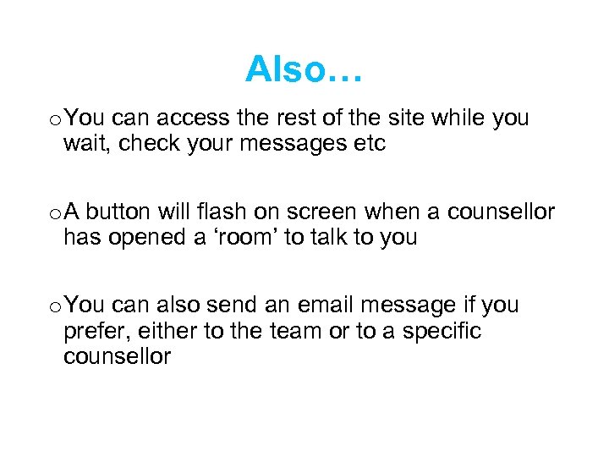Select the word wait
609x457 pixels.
click(x=86, y=144)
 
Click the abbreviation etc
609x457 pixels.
click(x=369, y=144)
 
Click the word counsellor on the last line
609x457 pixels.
click(x=117, y=356)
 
